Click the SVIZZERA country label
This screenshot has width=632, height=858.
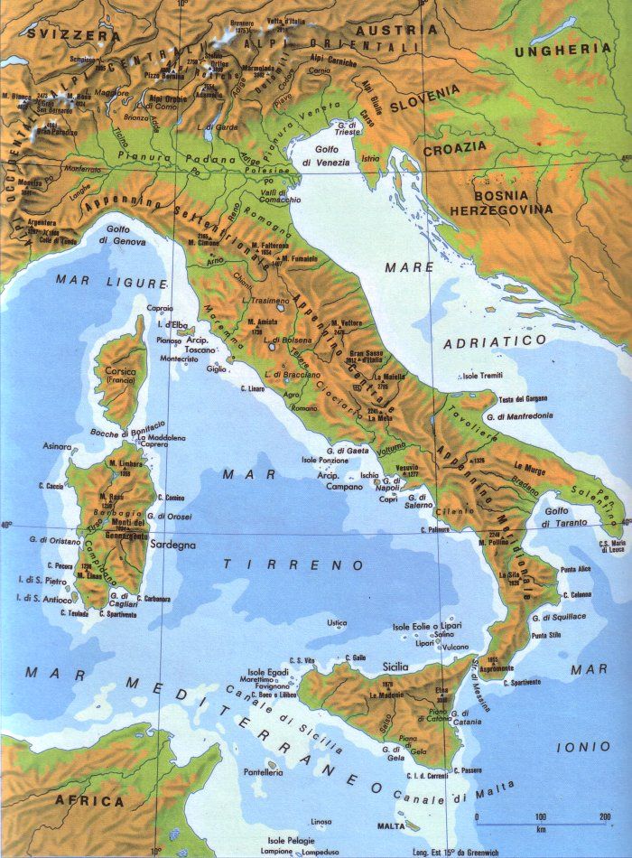[61, 33]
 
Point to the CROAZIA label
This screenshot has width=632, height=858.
[454, 147]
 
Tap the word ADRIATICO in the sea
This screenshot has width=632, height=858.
[495, 341]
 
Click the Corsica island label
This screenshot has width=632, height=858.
[118, 373]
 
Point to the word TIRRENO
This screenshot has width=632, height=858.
[294, 565]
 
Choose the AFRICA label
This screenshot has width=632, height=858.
[89, 801]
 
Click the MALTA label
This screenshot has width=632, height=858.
[390, 825]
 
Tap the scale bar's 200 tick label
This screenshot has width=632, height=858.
[604, 817]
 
